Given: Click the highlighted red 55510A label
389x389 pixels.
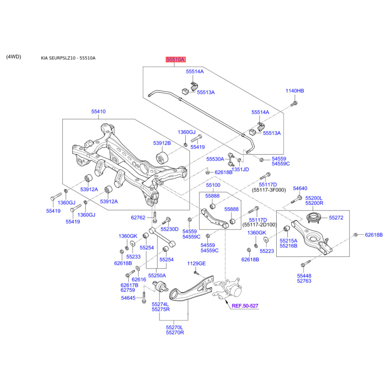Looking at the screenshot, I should tap(176, 60).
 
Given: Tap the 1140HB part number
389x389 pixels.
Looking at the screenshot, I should tap(295, 91).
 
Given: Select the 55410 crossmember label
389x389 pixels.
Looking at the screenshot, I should tap(98, 111).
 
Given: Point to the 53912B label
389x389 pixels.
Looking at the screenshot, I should tap(161, 143).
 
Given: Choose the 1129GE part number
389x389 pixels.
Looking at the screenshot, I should tap(196, 263).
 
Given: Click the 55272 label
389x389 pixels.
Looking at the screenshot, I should tap(336, 218).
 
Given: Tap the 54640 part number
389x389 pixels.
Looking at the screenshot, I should tap(300, 188).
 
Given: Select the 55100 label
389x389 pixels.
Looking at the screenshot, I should tap(213, 185).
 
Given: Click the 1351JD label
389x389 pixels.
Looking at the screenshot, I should tap(240, 169).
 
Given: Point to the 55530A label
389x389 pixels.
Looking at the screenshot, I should tap(215, 159).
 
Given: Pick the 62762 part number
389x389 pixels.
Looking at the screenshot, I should tap(138, 217).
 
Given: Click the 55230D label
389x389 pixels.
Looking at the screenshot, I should tap(170, 229).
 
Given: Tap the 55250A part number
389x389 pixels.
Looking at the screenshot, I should tap(157, 275).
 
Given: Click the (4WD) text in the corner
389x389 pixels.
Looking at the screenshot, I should tap(14, 57).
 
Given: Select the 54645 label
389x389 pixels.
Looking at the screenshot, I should tap(129, 297).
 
